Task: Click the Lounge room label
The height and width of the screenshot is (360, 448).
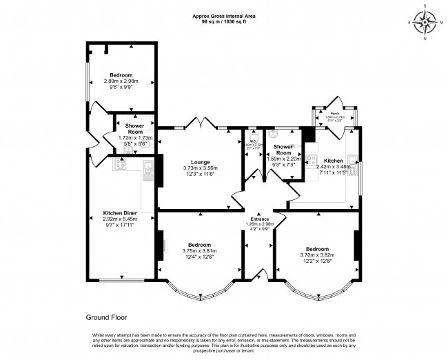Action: (200, 162)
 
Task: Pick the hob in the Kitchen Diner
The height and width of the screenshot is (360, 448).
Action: (119, 166)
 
